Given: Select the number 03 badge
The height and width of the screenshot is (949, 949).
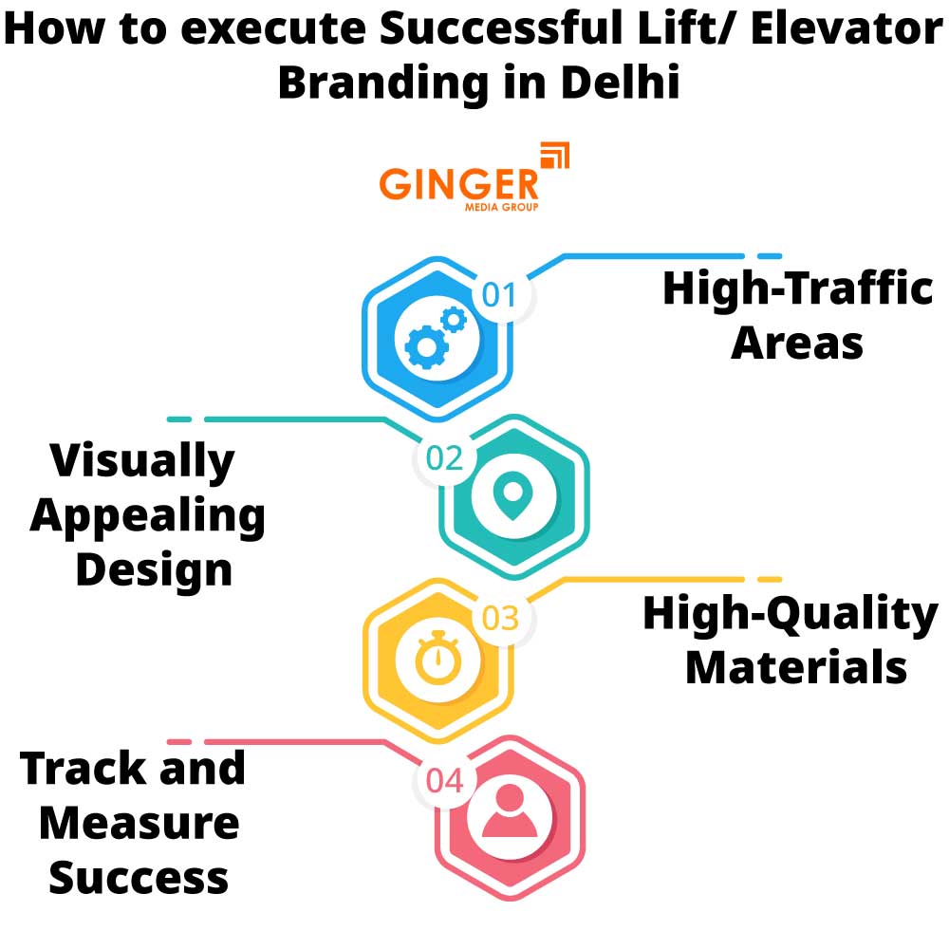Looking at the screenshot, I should [500, 619].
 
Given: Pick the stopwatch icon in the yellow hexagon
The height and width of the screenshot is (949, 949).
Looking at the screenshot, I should [437, 658].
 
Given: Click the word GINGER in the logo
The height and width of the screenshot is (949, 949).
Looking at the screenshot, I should [458, 183].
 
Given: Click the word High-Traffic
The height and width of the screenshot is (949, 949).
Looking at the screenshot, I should [797, 288].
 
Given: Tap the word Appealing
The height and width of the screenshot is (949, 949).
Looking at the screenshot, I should [148, 516].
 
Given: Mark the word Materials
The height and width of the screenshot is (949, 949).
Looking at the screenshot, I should [796, 666].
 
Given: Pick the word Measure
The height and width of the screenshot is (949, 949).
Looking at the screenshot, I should [139, 822].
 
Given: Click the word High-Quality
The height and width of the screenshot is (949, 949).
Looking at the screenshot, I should [790, 614].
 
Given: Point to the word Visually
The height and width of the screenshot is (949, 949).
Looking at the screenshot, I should [142, 461].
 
